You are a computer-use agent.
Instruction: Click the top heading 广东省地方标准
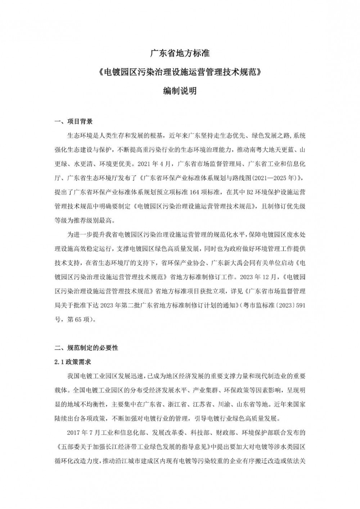point(180,54)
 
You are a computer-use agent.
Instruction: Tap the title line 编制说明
point(180,91)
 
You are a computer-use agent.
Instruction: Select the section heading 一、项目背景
point(73,122)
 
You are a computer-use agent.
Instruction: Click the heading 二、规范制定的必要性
point(86,348)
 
